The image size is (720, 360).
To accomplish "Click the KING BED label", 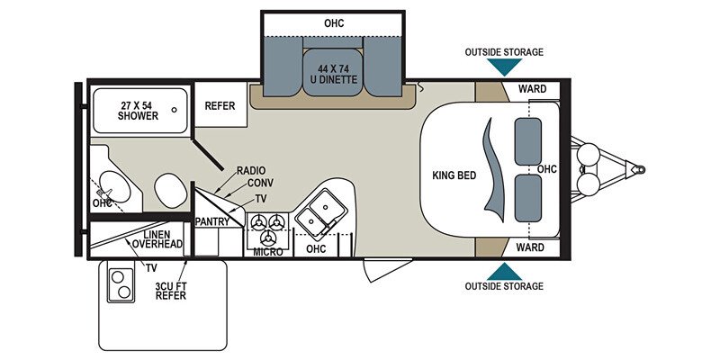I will [x=454, y=175].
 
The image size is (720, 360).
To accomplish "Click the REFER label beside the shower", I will [x=220, y=106].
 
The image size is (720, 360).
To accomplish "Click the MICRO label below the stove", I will [x=268, y=252].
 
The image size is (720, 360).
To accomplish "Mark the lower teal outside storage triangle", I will [x=504, y=270].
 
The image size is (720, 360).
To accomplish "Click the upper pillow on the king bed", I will [x=527, y=140].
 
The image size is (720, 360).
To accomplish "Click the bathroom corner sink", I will [x=112, y=188].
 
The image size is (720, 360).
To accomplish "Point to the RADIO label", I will [x=250, y=169].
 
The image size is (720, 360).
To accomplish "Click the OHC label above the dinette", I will [x=333, y=22].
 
